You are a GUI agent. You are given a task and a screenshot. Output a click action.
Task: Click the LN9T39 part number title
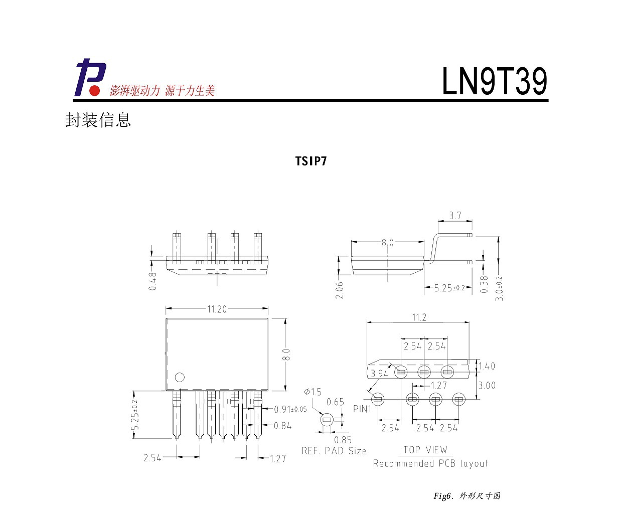pos(495,81)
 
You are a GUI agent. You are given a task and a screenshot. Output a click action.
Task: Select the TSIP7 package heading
pos(311,161)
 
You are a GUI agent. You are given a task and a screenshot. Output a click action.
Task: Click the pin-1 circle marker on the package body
pos(180,378)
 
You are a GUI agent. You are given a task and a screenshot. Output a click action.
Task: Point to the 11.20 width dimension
pos(217,309)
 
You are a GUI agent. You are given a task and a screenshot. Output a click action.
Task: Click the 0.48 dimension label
pos(152,281)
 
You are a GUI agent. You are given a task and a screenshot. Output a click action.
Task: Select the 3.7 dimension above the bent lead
pos(455,216)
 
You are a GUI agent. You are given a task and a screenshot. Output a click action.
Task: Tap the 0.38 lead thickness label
pos(485,284)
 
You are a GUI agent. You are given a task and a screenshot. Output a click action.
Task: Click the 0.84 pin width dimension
pos(282,426)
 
